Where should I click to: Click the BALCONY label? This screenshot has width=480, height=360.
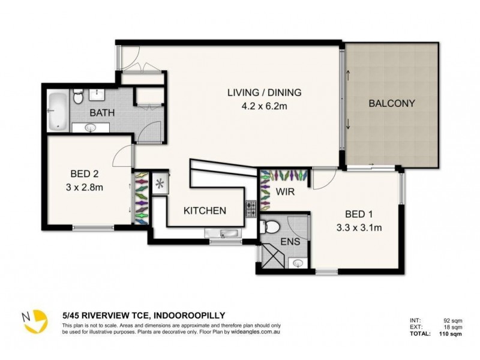tap(392, 103)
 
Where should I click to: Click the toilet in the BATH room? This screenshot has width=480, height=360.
tap(78, 97)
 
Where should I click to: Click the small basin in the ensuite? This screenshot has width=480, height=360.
tap(299, 262)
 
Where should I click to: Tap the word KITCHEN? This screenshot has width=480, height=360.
tap(205, 211)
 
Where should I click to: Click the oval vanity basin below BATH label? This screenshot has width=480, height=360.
tap(91, 127)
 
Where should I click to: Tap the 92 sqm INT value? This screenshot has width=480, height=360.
tap(451, 320)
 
